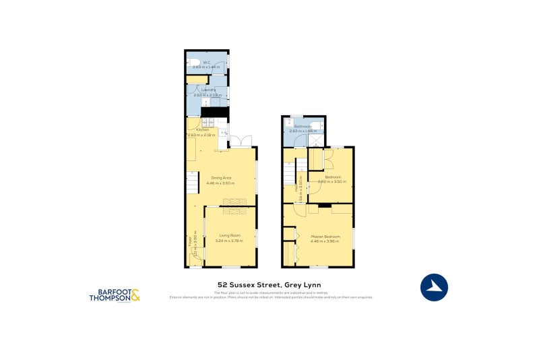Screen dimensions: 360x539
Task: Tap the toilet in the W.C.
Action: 193,63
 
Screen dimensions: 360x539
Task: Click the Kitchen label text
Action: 202,130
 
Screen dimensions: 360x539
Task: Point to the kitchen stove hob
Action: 210,123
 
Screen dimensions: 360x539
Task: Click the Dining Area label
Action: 221,177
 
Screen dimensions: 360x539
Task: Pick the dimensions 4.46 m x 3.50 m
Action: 221,183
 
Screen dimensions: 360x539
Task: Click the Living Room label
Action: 230,235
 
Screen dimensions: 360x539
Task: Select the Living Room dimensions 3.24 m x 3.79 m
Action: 230,240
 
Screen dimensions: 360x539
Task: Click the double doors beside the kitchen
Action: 241,142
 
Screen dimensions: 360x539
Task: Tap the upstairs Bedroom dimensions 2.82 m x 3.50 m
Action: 332,181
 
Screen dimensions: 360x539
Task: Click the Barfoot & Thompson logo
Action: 115,295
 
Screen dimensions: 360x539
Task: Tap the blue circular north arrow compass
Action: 435,287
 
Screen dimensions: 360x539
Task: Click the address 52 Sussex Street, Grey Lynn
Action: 269,284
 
